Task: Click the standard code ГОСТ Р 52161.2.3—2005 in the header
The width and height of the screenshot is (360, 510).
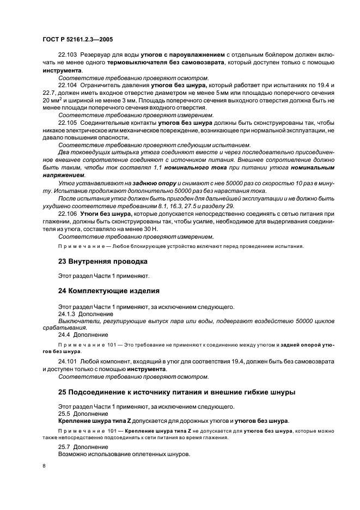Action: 77,40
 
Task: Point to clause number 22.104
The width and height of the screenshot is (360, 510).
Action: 69,86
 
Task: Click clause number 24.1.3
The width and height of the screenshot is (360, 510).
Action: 67,314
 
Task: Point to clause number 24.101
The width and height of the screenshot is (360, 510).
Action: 69,362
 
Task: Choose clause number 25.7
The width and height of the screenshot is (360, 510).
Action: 65,446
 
